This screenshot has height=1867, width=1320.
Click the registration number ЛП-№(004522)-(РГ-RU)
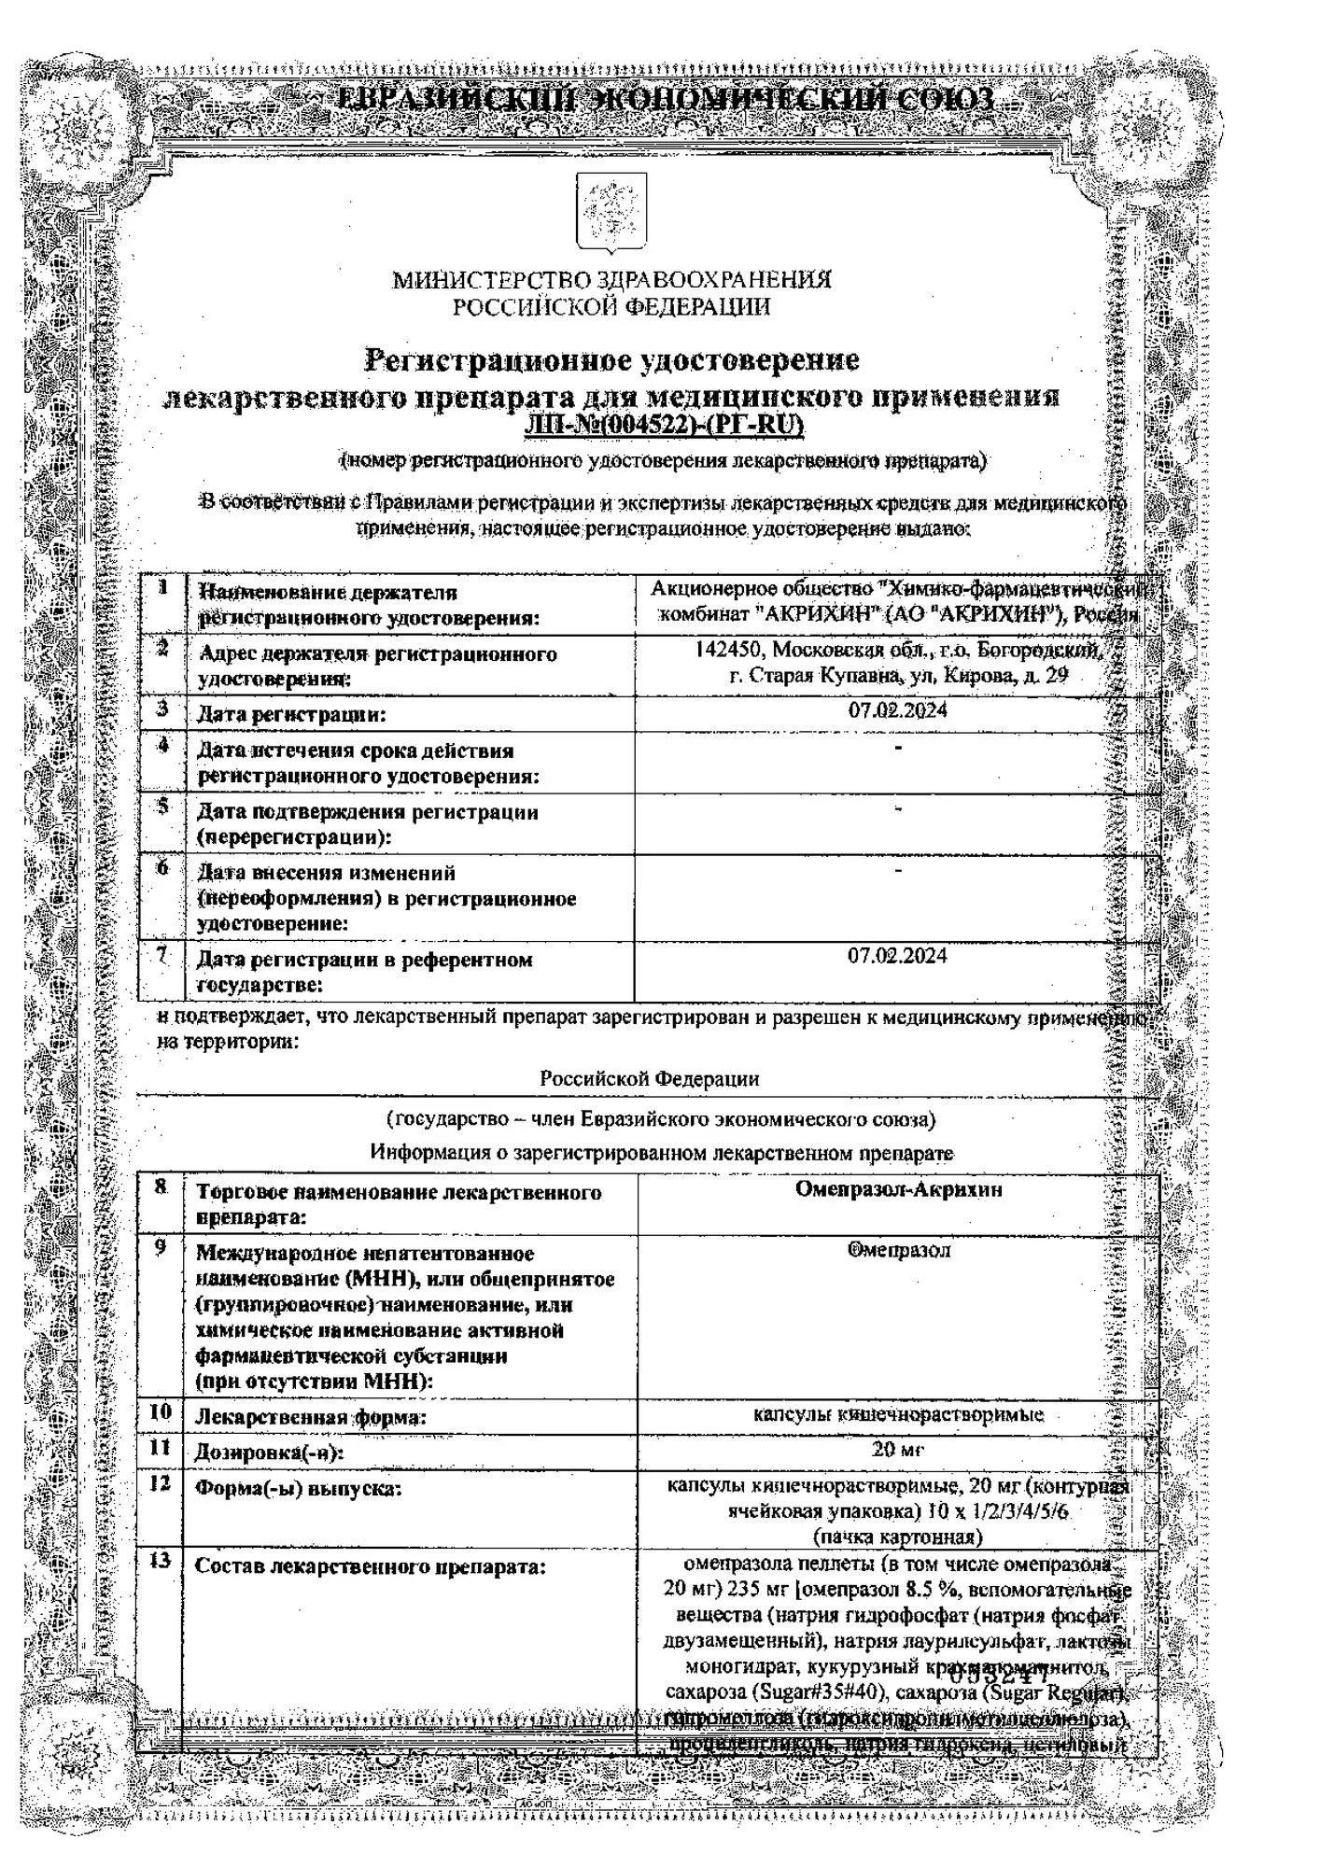(x=664, y=426)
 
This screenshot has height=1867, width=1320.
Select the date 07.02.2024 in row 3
(x=896, y=710)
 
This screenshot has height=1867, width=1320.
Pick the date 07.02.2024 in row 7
(x=896, y=956)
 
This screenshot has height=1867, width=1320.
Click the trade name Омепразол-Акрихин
(x=898, y=1189)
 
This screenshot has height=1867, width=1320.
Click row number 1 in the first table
(x=162, y=587)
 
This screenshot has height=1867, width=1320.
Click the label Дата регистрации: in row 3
(x=290, y=715)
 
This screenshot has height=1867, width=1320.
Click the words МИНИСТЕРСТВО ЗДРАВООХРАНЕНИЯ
(x=611, y=279)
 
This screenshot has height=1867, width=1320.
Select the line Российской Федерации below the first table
(x=650, y=1078)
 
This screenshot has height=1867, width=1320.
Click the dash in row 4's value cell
(x=897, y=749)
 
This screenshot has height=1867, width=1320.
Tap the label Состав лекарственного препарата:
(x=370, y=1566)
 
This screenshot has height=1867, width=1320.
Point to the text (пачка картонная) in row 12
(x=898, y=1537)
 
